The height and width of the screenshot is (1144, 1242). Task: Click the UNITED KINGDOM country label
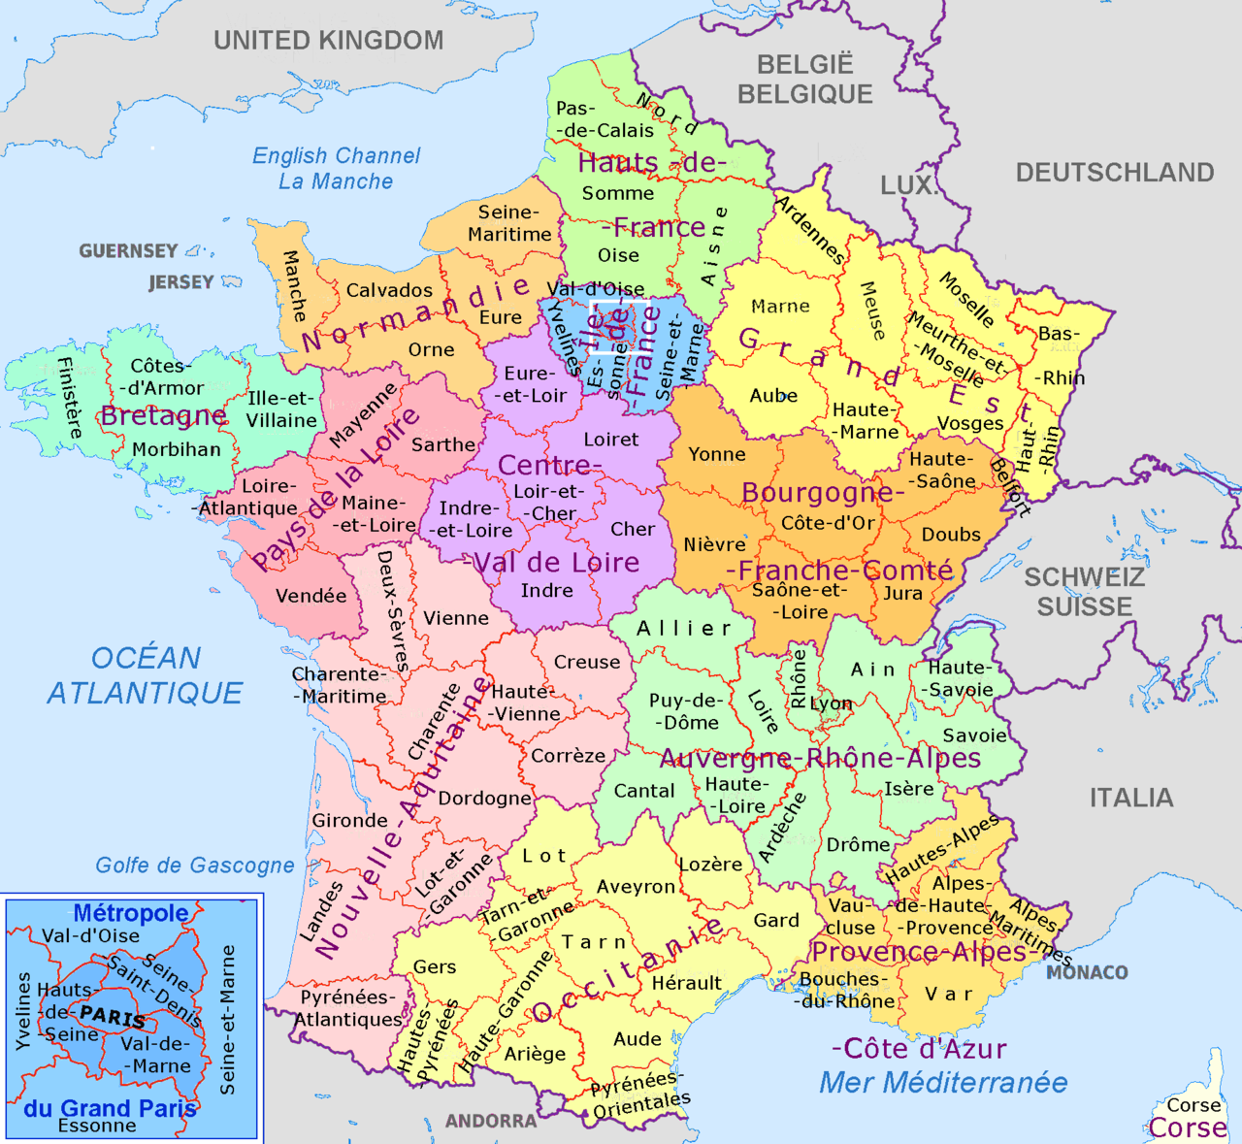coord(328,41)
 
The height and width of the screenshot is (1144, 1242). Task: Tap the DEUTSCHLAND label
coord(1114,173)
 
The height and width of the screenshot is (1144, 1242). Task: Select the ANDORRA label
coord(491,1121)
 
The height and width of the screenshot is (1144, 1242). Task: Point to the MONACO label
coord(1087,972)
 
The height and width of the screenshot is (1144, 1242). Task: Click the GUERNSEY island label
coord(128,251)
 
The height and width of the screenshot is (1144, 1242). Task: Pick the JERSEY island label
coord(180,282)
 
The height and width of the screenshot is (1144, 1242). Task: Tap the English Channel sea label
coord(336,156)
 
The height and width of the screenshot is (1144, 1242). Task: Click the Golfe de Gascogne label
coord(194,866)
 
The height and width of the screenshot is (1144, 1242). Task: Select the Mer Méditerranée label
coord(943,1083)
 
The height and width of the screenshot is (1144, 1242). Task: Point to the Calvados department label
coord(389,290)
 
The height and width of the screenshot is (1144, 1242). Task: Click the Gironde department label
coord(349,821)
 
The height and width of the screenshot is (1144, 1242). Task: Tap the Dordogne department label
coord(484,799)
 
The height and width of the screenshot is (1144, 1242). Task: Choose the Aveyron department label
coord(636,887)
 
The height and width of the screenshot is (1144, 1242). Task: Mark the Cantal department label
coord(643,791)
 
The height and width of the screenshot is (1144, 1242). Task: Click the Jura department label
coord(902,593)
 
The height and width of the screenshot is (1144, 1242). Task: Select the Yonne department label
coord(717,454)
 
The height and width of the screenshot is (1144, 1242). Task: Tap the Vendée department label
coord(310,596)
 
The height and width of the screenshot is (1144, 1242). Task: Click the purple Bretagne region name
coord(163,416)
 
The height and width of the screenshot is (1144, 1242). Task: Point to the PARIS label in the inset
coord(113,1017)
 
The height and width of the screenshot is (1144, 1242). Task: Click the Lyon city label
coord(831,703)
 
